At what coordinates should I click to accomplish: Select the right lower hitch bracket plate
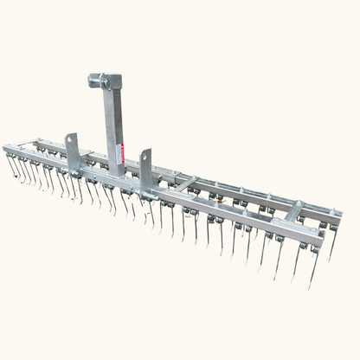coord(145,167)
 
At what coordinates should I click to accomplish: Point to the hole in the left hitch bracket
coord(73,143)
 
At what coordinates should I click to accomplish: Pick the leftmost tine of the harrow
coord(10,164)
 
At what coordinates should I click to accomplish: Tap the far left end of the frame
coord(7,149)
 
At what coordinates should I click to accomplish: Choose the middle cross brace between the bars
coord(184,183)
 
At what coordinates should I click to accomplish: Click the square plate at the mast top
coord(111,81)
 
